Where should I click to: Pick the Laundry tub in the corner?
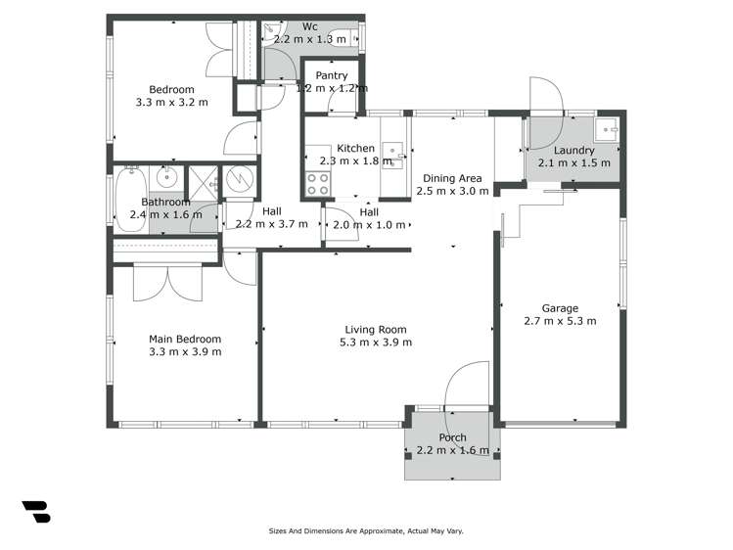pos(608,128)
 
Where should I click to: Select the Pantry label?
pos(331,75)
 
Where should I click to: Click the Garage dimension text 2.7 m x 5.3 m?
pos(560,320)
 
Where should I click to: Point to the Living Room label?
pos(375,330)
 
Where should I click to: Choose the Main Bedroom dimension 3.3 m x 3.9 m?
pos(184,351)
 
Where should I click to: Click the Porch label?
pos(452,437)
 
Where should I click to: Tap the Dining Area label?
pos(451,178)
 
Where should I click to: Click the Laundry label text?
pos(573,151)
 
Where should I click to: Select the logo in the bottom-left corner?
pos(35,511)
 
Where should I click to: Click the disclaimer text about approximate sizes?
pos(366,530)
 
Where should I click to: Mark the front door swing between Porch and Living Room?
pos(464,387)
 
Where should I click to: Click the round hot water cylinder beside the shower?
pos(239,181)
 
